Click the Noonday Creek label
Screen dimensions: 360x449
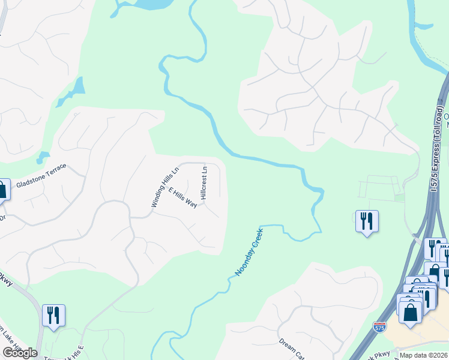point(249,251)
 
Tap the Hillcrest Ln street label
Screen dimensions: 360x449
point(204,182)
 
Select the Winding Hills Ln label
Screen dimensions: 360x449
point(164,187)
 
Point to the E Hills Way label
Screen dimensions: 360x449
point(183,197)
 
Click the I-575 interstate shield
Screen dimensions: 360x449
point(379,327)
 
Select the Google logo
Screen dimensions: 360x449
point(20,353)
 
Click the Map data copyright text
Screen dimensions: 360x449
point(424,355)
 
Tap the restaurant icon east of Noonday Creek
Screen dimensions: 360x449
point(366,221)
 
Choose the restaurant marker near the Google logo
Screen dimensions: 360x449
point(53,314)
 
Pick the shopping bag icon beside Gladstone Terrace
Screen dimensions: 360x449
point(2,190)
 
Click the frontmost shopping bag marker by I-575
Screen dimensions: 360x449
point(411,313)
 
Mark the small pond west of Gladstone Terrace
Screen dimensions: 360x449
point(42,158)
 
